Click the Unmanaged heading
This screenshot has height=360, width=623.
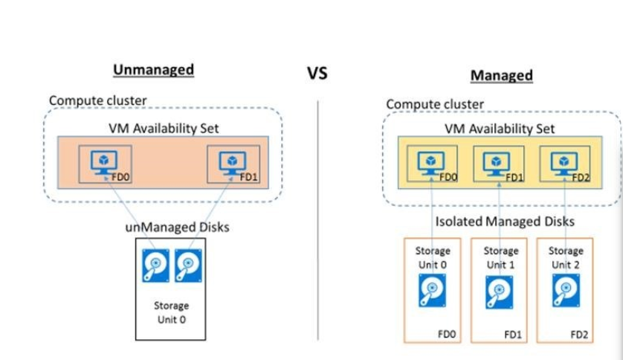(153, 70)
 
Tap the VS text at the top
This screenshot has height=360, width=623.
(317, 74)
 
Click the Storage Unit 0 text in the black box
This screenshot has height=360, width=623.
(171, 311)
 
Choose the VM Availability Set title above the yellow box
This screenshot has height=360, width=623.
(500, 128)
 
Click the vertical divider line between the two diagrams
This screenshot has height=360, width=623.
(317, 223)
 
